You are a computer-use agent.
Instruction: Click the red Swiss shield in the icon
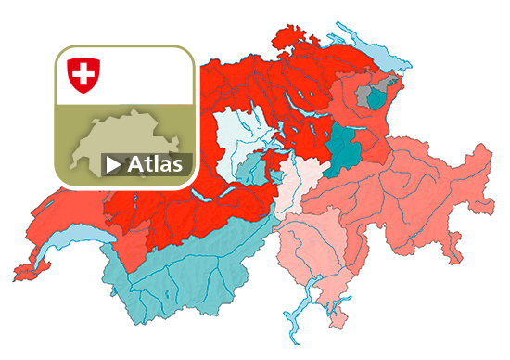(x=83, y=74)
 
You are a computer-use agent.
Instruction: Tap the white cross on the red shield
(x=83, y=72)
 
